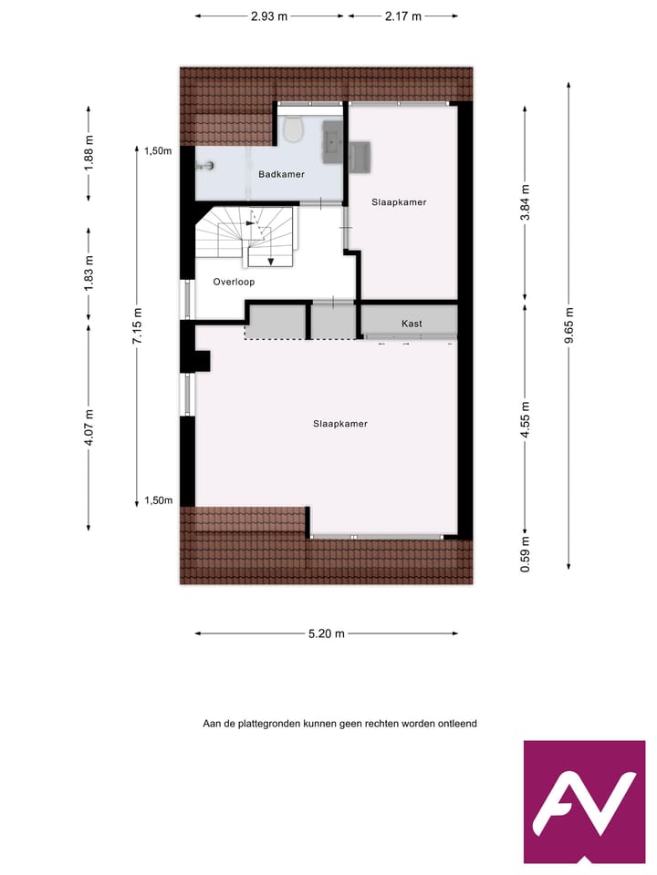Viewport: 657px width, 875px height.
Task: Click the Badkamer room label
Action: (x=281, y=174)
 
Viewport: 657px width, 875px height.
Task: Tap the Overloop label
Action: (x=234, y=282)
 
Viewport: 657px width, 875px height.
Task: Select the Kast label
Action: (x=412, y=324)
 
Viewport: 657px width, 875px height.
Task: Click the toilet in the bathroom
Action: (x=293, y=130)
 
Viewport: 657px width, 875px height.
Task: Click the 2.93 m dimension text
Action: (x=269, y=16)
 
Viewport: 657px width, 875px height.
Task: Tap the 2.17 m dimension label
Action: (x=403, y=16)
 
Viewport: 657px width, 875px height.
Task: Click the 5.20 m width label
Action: (x=327, y=634)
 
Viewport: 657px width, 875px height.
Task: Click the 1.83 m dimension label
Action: (x=89, y=273)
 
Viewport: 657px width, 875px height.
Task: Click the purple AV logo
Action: (x=584, y=801)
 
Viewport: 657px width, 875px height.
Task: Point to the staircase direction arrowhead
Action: (x=271, y=261)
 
